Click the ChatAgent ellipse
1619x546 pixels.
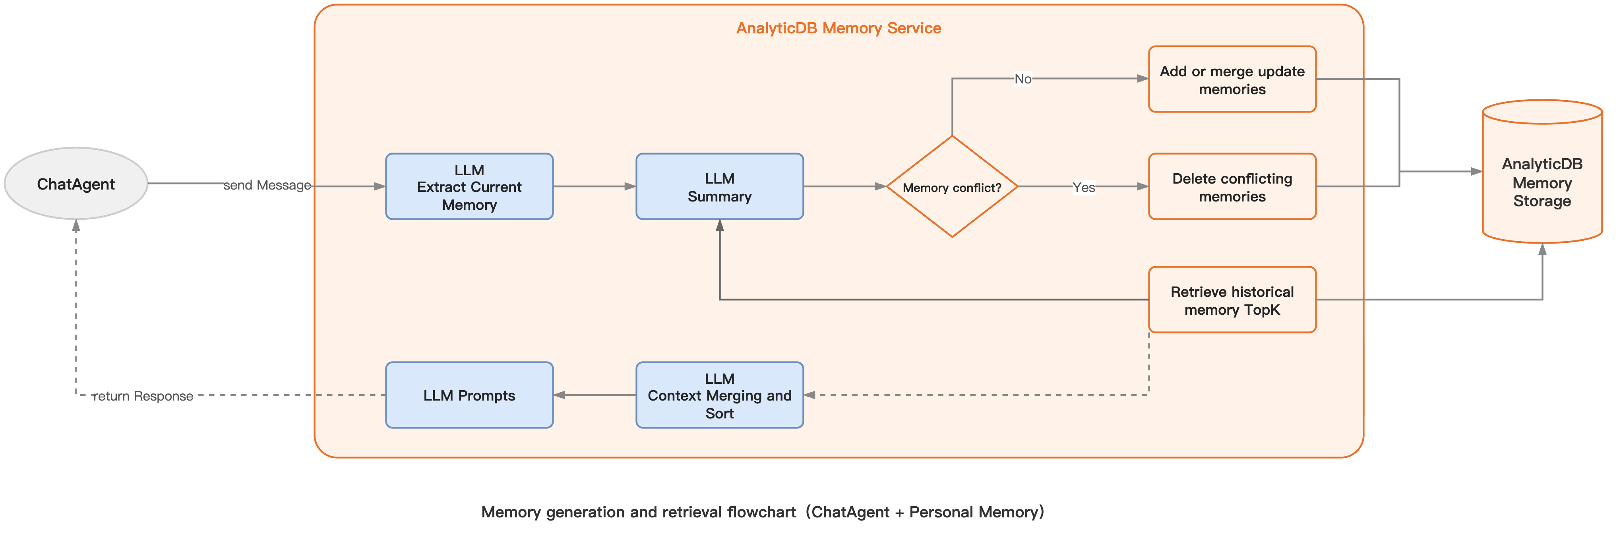(x=76, y=184)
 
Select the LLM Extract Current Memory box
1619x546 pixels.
(x=469, y=187)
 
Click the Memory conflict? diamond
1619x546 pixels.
(x=951, y=187)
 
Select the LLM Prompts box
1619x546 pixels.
(x=469, y=395)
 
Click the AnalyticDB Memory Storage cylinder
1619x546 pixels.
(x=1541, y=182)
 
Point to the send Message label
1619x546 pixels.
(x=267, y=185)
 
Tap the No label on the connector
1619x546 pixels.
(x=1023, y=79)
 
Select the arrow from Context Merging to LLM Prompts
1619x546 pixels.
(x=594, y=395)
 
